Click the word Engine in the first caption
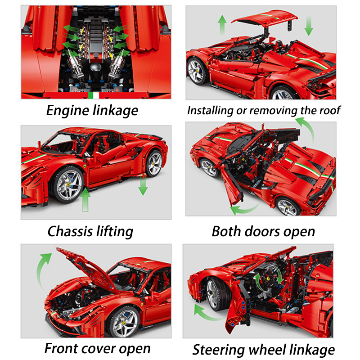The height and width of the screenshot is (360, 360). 67,111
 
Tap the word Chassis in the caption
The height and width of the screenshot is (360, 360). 70,231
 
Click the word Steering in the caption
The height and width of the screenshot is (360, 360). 218,351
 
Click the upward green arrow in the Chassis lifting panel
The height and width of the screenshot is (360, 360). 85,200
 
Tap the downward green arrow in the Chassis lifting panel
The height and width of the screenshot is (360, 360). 143,185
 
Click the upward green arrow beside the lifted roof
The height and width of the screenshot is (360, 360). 222,25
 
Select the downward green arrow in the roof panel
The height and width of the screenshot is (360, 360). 309,26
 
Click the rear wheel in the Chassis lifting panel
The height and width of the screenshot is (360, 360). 154,163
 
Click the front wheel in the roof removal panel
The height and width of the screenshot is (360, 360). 197,71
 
